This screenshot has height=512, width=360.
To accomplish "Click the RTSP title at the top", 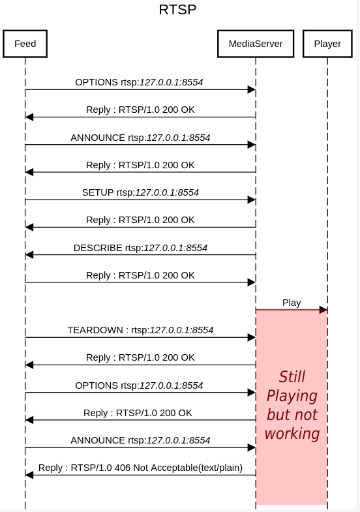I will tap(177, 10).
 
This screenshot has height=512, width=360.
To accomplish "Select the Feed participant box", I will tap(25, 44).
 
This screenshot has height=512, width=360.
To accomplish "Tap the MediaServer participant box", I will tap(256, 44).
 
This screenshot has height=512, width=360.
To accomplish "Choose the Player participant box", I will tap(327, 44).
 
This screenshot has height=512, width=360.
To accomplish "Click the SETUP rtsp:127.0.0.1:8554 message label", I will tap(140, 192).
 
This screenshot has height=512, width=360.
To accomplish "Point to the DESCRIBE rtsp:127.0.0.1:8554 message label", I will tap(140, 248).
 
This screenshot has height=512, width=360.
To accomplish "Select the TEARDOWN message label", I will tap(140, 330).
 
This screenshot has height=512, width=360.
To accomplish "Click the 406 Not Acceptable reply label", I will tap(140, 467).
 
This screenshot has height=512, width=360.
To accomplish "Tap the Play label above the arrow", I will tap(292, 302).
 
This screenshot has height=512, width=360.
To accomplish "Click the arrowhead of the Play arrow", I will tap(323, 310).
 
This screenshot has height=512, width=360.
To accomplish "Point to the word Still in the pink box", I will tap(292, 377).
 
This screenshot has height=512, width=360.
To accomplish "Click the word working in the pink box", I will tap(292, 434).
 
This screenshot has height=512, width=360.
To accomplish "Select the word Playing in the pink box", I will tap(292, 396).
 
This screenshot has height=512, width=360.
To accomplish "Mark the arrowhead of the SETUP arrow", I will tap(251, 200).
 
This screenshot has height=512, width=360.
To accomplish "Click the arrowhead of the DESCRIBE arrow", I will tap(29, 255).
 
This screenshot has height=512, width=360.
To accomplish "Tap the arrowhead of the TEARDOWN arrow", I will tap(251, 337).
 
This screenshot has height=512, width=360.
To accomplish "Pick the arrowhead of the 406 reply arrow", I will tap(29, 475).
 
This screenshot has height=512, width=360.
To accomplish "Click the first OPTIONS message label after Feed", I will tap(139, 82).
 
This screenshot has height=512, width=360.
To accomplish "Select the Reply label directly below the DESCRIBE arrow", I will tap(140, 275).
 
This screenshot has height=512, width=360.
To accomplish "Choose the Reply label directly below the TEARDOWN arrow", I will tap(140, 357).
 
